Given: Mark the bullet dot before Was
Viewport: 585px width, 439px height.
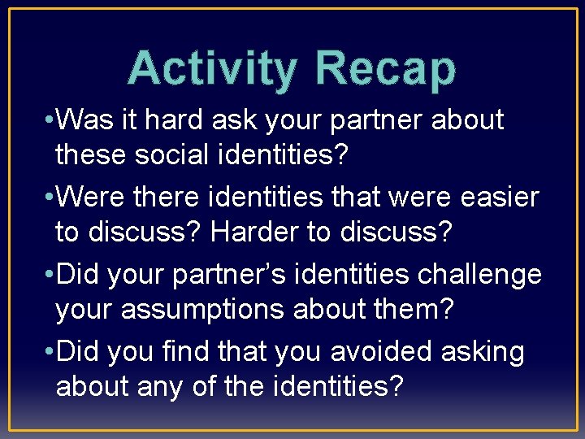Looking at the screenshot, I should (x=50, y=121).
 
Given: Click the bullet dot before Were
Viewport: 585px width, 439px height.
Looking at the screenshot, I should (x=50, y=198).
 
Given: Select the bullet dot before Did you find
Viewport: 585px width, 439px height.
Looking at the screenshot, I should (x=50, y=352).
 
